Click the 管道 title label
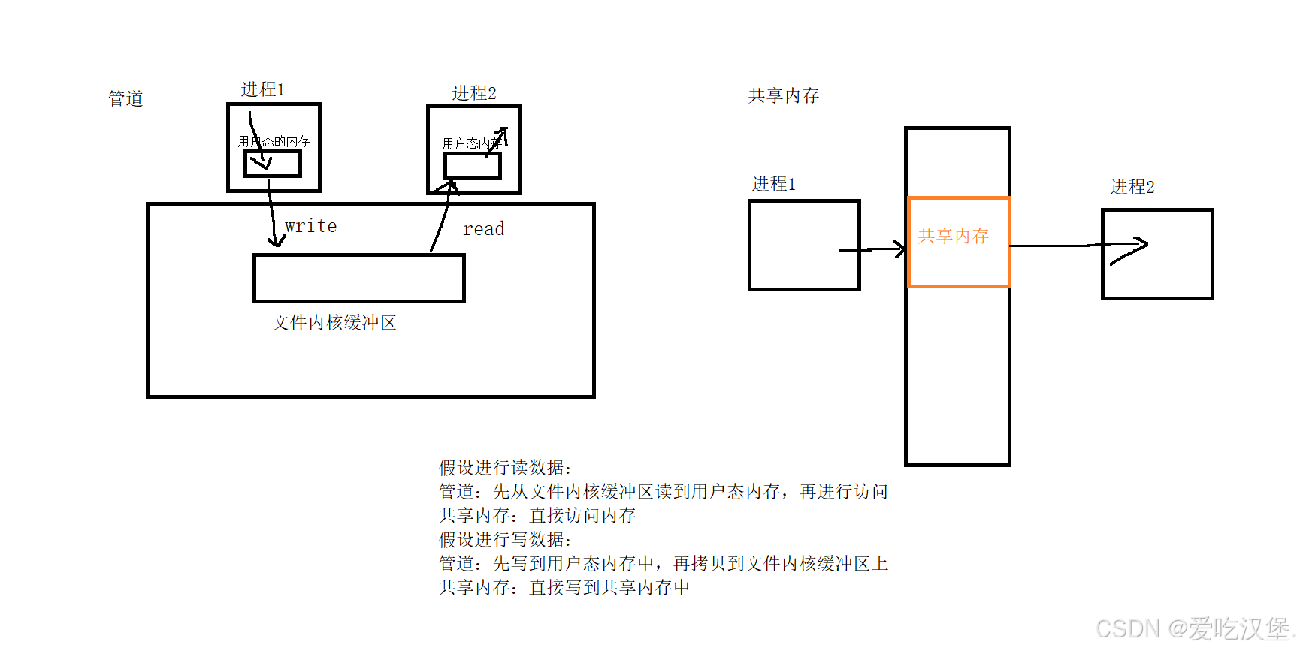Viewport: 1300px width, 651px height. pyautogui.click(x=125, y=98)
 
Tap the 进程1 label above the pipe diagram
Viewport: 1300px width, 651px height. pyautogui.click(x=262, y=89)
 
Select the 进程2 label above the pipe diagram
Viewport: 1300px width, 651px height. pyautogui.click(x=473, y=93)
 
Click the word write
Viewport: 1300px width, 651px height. pyautogui.click(x=310, y=226)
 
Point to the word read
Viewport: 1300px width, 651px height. pyautogui.click(x=483, y=229)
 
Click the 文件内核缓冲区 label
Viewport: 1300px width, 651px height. pyautogui.click(x=334, y=323)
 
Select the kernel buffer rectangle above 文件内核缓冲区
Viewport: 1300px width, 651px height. pyautogui.click(x=359, y=279)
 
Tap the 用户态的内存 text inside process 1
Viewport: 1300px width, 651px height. pyautogui.click(x=274, y=141)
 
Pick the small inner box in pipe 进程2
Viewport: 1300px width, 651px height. pyautogui.click(x=472, y=167)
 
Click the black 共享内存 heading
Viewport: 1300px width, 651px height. pyautogui.click(x=783, y=96)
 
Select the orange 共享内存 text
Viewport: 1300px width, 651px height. pyautogui.click(x=953, y=237)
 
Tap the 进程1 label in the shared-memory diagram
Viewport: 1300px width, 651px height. pyautogui.click(x=773, y=184)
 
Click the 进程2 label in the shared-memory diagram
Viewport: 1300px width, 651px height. pyautogui.click(x=1132, y=187)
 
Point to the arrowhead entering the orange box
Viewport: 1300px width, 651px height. pyautogui.click(x=899, y=249)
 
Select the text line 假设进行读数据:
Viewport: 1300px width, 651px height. pyautogui.click(x=505, y=468)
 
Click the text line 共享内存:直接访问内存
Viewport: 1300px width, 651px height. pyautogui.click(x=537, y=516)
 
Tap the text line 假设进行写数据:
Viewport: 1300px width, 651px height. pyautogui.click(x=505, y=540)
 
